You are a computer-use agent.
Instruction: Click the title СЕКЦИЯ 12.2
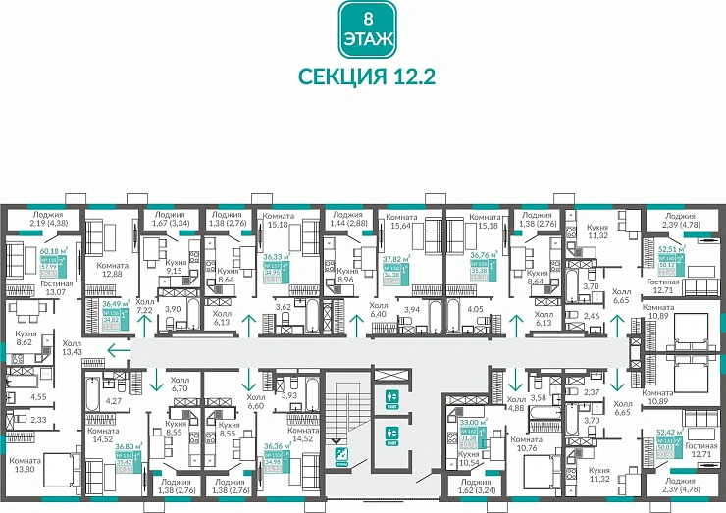(367, 77)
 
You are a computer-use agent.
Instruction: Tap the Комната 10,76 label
(526, 444)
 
